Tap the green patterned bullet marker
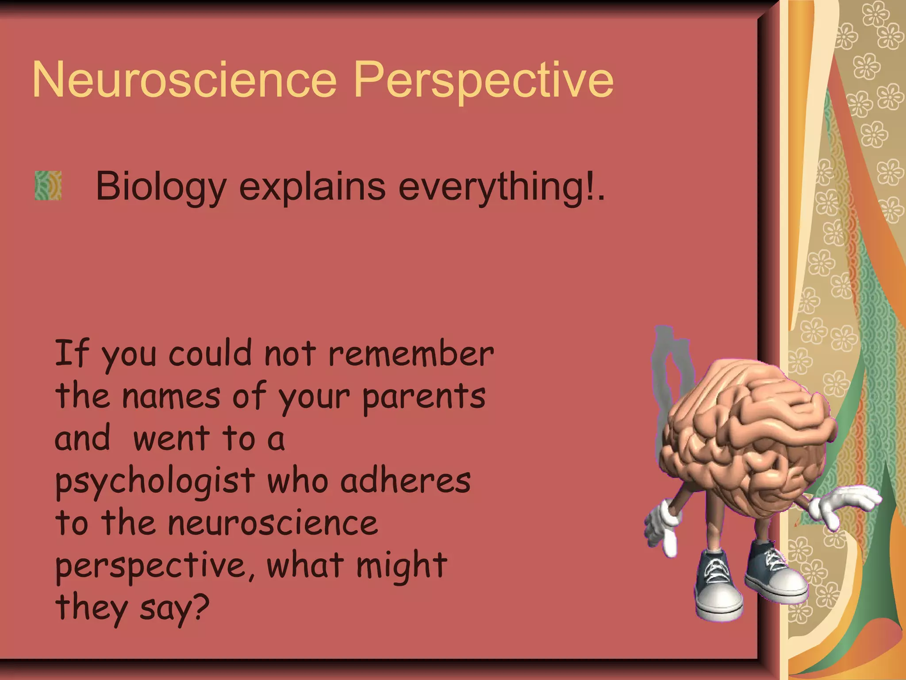(48, 185)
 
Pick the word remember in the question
(411, 354)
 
